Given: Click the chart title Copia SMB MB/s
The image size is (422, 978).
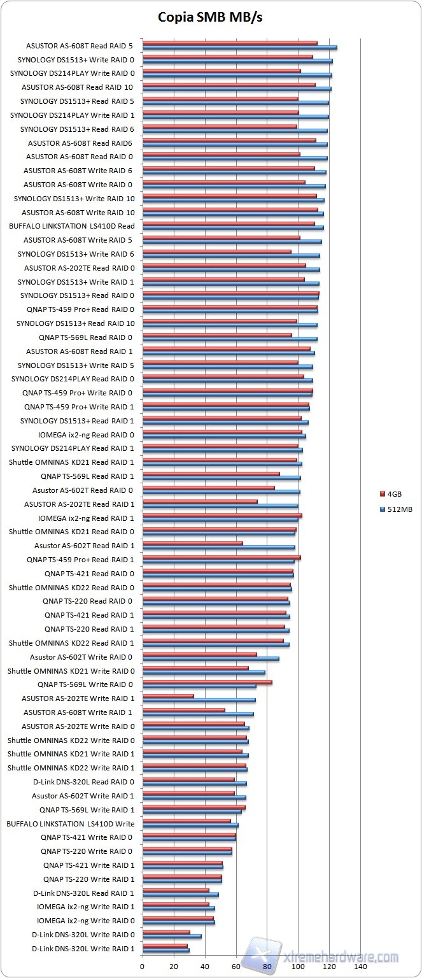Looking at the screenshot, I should click(210, 18).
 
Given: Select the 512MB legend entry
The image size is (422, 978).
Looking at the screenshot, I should click(398, 509).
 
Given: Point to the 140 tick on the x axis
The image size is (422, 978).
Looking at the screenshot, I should click(360, 966).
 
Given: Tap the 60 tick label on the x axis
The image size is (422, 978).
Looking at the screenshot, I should click(236, 966).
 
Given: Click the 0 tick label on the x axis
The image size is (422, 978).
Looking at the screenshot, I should click(143, 966).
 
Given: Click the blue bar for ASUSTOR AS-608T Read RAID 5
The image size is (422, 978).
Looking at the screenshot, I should click(239, 48).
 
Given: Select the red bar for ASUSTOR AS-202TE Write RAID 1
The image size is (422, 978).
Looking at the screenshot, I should click(168, 696).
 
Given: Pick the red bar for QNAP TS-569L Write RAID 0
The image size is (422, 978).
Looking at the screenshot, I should click(207, 682).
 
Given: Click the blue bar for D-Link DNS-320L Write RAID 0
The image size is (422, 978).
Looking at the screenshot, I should click(172, 937).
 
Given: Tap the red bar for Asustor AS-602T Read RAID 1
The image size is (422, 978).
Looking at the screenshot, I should click(193, 543).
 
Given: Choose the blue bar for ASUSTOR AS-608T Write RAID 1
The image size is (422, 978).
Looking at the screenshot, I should click(198, 714).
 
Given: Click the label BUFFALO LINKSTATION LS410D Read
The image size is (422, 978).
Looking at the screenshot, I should click(72, 226).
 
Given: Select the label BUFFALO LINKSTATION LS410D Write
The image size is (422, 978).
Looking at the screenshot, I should click(71, 823).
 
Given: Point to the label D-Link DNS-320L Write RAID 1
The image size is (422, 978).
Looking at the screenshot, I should click(83, 949).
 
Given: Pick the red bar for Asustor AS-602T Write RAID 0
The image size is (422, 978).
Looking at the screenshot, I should click(199, 654).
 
